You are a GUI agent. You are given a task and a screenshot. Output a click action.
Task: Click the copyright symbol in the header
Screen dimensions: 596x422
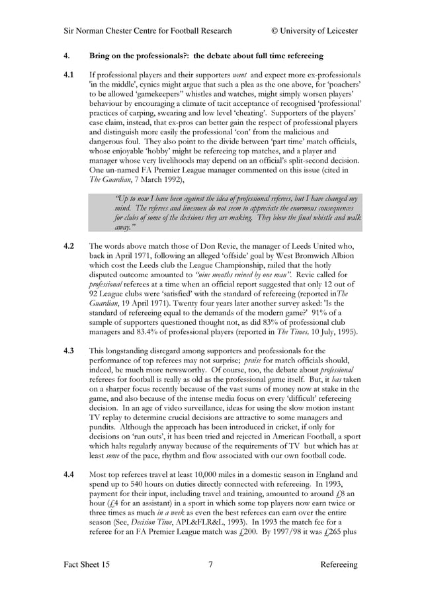[x=275, y=30]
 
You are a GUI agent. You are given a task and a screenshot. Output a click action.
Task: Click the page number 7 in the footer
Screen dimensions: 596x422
[x=210, y=564]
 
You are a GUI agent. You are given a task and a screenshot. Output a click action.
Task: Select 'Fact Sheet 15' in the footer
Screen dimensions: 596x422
[x=87, y=564]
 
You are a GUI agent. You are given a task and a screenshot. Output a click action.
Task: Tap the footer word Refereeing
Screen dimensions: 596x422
[x=339, y=564]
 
